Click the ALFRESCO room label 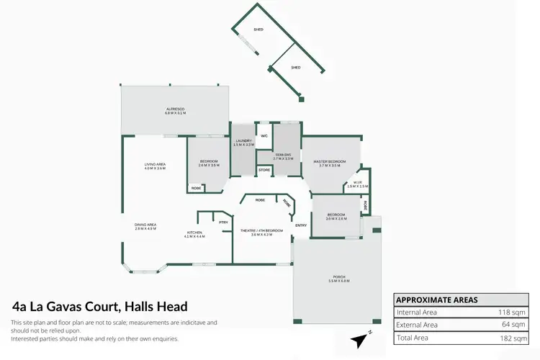tap(176, 110)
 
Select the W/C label tap(264, 135)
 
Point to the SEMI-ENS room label tap(283, 156)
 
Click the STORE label tap(264, 170)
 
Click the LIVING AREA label tap(155, 166)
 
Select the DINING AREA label tap(145, 226)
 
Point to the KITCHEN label tap(195, 233)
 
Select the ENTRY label tap(301, 225)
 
